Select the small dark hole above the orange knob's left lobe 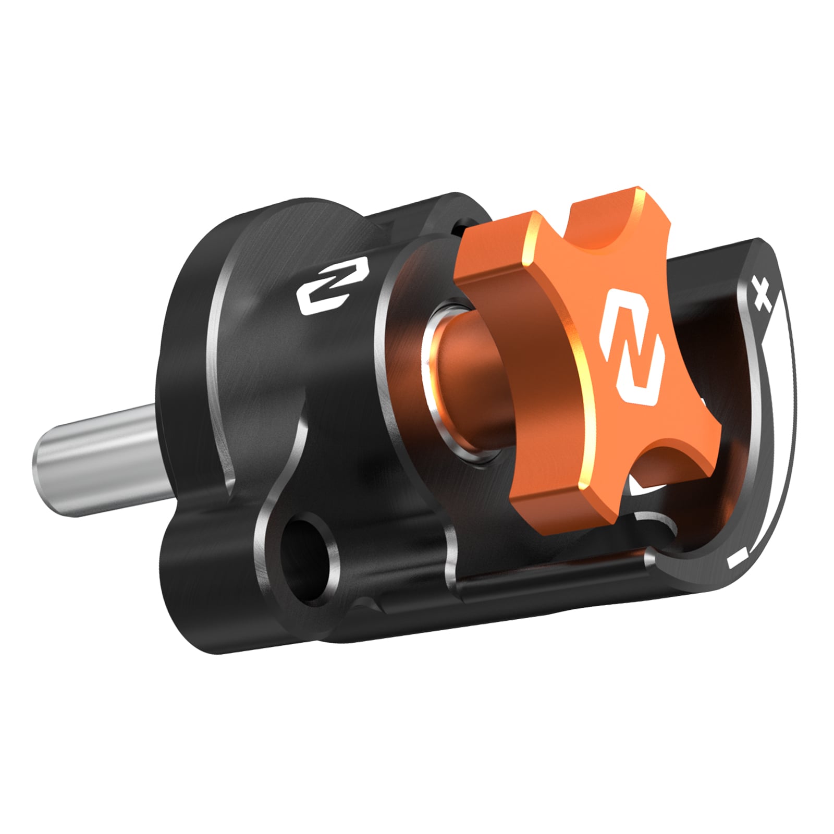point(461,226)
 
